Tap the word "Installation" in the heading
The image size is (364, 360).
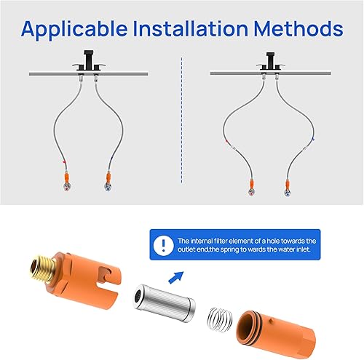pos(199,29)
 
